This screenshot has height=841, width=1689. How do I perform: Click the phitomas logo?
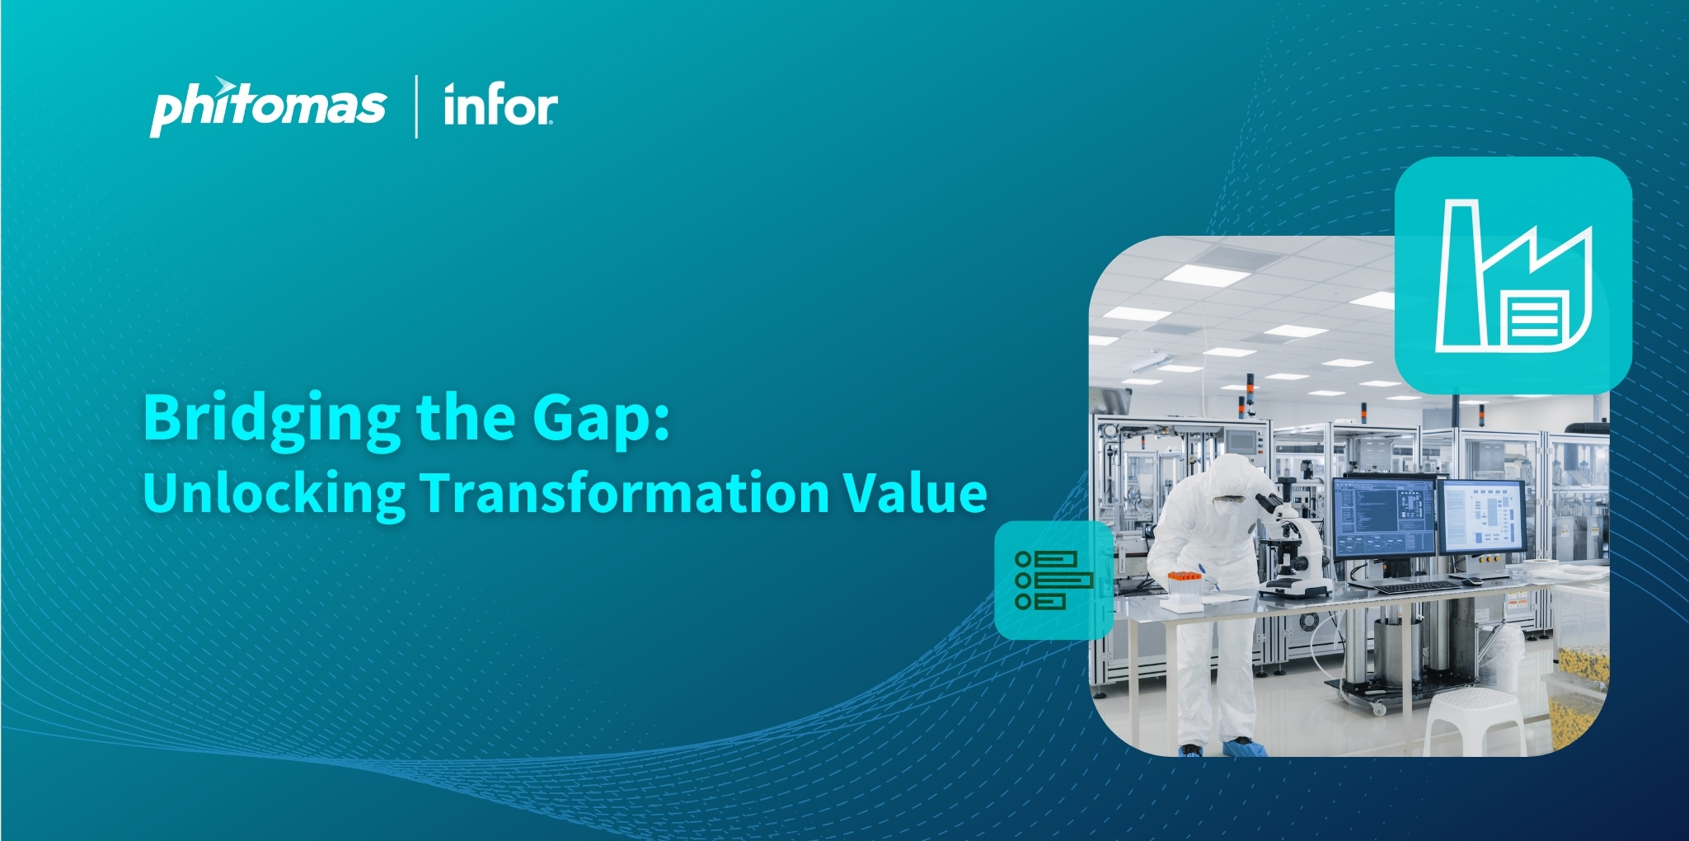coord(268,106)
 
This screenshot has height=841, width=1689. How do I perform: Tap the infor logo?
coord(500,106)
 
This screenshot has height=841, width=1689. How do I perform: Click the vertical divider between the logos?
coord(415,106)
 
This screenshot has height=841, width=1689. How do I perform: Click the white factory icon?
coord(1513,276)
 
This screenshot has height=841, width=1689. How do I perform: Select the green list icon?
coord(1053,580)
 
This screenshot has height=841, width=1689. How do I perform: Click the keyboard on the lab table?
coord(1418,586)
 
